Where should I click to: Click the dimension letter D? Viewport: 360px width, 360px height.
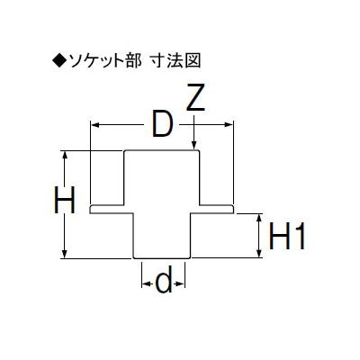click(x=163, y=124)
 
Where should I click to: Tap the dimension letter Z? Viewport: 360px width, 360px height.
click(x=195, y=97)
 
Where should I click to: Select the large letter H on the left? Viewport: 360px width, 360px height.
click(x=64, y=200)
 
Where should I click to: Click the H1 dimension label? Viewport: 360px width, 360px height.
click(x=287, y=236)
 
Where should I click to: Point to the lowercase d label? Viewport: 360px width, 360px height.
click(x=164, y=280)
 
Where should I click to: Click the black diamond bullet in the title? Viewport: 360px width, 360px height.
click(x=60, y=60)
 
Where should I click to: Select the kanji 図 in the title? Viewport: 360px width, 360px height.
click(x=193, y=60)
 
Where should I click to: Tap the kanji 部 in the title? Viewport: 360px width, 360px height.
click(x=133, y=60)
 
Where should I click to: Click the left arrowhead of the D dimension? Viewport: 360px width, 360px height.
click(x=95, y=125)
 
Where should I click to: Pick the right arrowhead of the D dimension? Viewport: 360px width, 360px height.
click(x=229, y=125)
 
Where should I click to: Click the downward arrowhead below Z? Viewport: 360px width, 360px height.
click(x=194, y=145)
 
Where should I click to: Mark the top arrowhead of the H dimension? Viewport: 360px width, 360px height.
click(x=64, y=156)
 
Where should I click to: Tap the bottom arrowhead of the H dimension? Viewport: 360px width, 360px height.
click(x=64, y=253)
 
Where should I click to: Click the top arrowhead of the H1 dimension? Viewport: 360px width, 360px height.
click(x=259, y=219)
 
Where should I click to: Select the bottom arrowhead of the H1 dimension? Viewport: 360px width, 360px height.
click(x=259, y=253)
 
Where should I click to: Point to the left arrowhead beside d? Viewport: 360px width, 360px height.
click(x=146, y=283)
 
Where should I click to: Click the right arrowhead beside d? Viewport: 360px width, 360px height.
click(x=181, y=283)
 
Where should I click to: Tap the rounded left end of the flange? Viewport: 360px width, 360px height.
click(x=91, y=210)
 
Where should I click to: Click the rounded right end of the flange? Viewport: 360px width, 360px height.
click(x=233, y=210)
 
